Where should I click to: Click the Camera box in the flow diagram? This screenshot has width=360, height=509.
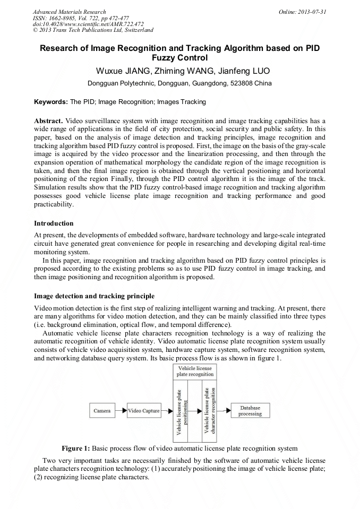click(x=102, y=411)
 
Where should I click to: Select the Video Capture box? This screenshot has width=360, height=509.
click(x=144, y=411)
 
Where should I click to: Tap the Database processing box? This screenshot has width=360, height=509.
click(x=250, y=411)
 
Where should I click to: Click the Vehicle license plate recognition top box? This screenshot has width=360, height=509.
click(x=196, y=371)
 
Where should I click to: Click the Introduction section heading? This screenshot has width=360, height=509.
click(x=54, y=223)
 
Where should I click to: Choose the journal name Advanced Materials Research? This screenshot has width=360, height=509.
click(x=69, y=12)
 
